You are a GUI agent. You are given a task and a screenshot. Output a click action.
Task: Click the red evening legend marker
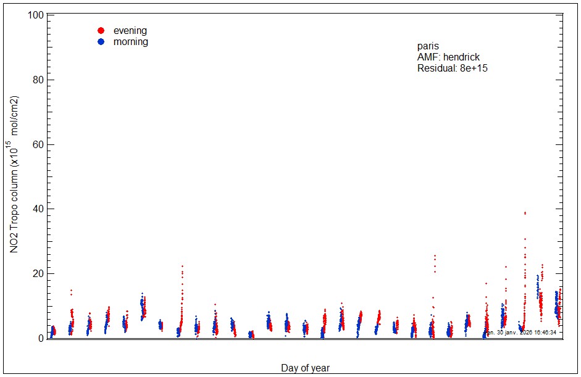pyautogui.click(x=101, y=30)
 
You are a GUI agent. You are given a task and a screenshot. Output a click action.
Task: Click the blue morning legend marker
pyautogui.click(x=101, y=41)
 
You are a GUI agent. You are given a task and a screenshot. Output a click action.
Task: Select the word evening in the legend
pyautogui.click(x=130, y=31)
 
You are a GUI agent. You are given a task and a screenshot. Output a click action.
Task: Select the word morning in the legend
pyautogui.click(x=130, y=42)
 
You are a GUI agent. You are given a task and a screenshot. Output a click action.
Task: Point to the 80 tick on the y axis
pyautogui.click(x=38, y=80)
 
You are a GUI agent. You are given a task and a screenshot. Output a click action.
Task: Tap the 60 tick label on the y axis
pyautogui.click(x=38, y=144)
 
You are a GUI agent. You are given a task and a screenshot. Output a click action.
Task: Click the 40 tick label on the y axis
pyautogui.click(x=38, y=209)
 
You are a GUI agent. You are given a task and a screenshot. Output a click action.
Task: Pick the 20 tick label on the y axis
pyautogui.click(x=38, y=273)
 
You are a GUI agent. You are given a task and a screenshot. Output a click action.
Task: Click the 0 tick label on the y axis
pyautogui.click(x=40, y=338)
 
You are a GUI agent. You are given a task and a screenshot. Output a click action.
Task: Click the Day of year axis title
pyautogui.click(x=305, y=368)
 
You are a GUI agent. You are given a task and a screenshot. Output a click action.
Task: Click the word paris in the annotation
pyautogui.click(x=428, y=46)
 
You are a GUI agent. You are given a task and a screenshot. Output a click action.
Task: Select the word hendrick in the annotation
pyautogui.click(x=462, y=57)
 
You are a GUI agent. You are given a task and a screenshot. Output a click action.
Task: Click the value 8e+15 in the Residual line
pyautogui.click(x=474, y=68)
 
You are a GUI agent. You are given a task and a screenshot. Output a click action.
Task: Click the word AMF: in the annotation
pyautogui.click(x=429, y=57)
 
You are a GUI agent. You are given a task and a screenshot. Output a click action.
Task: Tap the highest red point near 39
pyautogui.click(x=525, y=213)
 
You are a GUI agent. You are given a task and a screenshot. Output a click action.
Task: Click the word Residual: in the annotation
pyautogui.click(x=437, y=68)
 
